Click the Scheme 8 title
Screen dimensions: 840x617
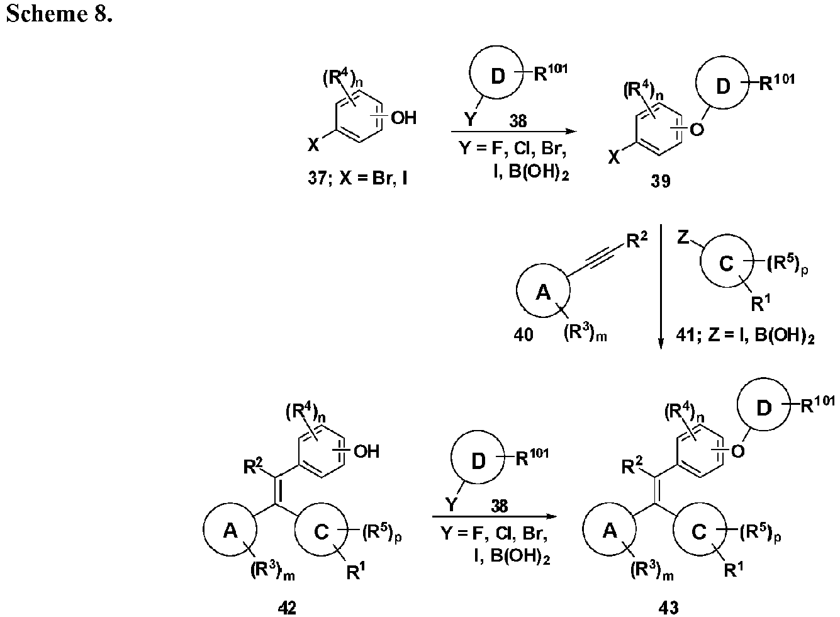(59, 14)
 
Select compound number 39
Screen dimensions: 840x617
(661, 181)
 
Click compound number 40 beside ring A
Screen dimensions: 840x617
(523, 334)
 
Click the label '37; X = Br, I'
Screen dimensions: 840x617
(358, 177)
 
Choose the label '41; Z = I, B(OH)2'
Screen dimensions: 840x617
(745, 335)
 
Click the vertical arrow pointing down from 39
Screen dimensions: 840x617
(661, 286)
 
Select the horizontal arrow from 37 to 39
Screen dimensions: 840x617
(513, 132)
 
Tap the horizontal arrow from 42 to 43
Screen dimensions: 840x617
(495, 516)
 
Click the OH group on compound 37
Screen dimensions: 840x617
(403, 118)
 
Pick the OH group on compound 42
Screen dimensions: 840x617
(366, 451)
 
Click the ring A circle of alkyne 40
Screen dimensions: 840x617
(517, 290)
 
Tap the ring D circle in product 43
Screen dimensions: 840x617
(737, 405)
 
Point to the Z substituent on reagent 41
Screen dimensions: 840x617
(683, 237)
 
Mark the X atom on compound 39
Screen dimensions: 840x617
(614, 159)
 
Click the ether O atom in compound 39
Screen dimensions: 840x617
(697, 130)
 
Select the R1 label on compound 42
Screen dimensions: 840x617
(355, 572)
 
